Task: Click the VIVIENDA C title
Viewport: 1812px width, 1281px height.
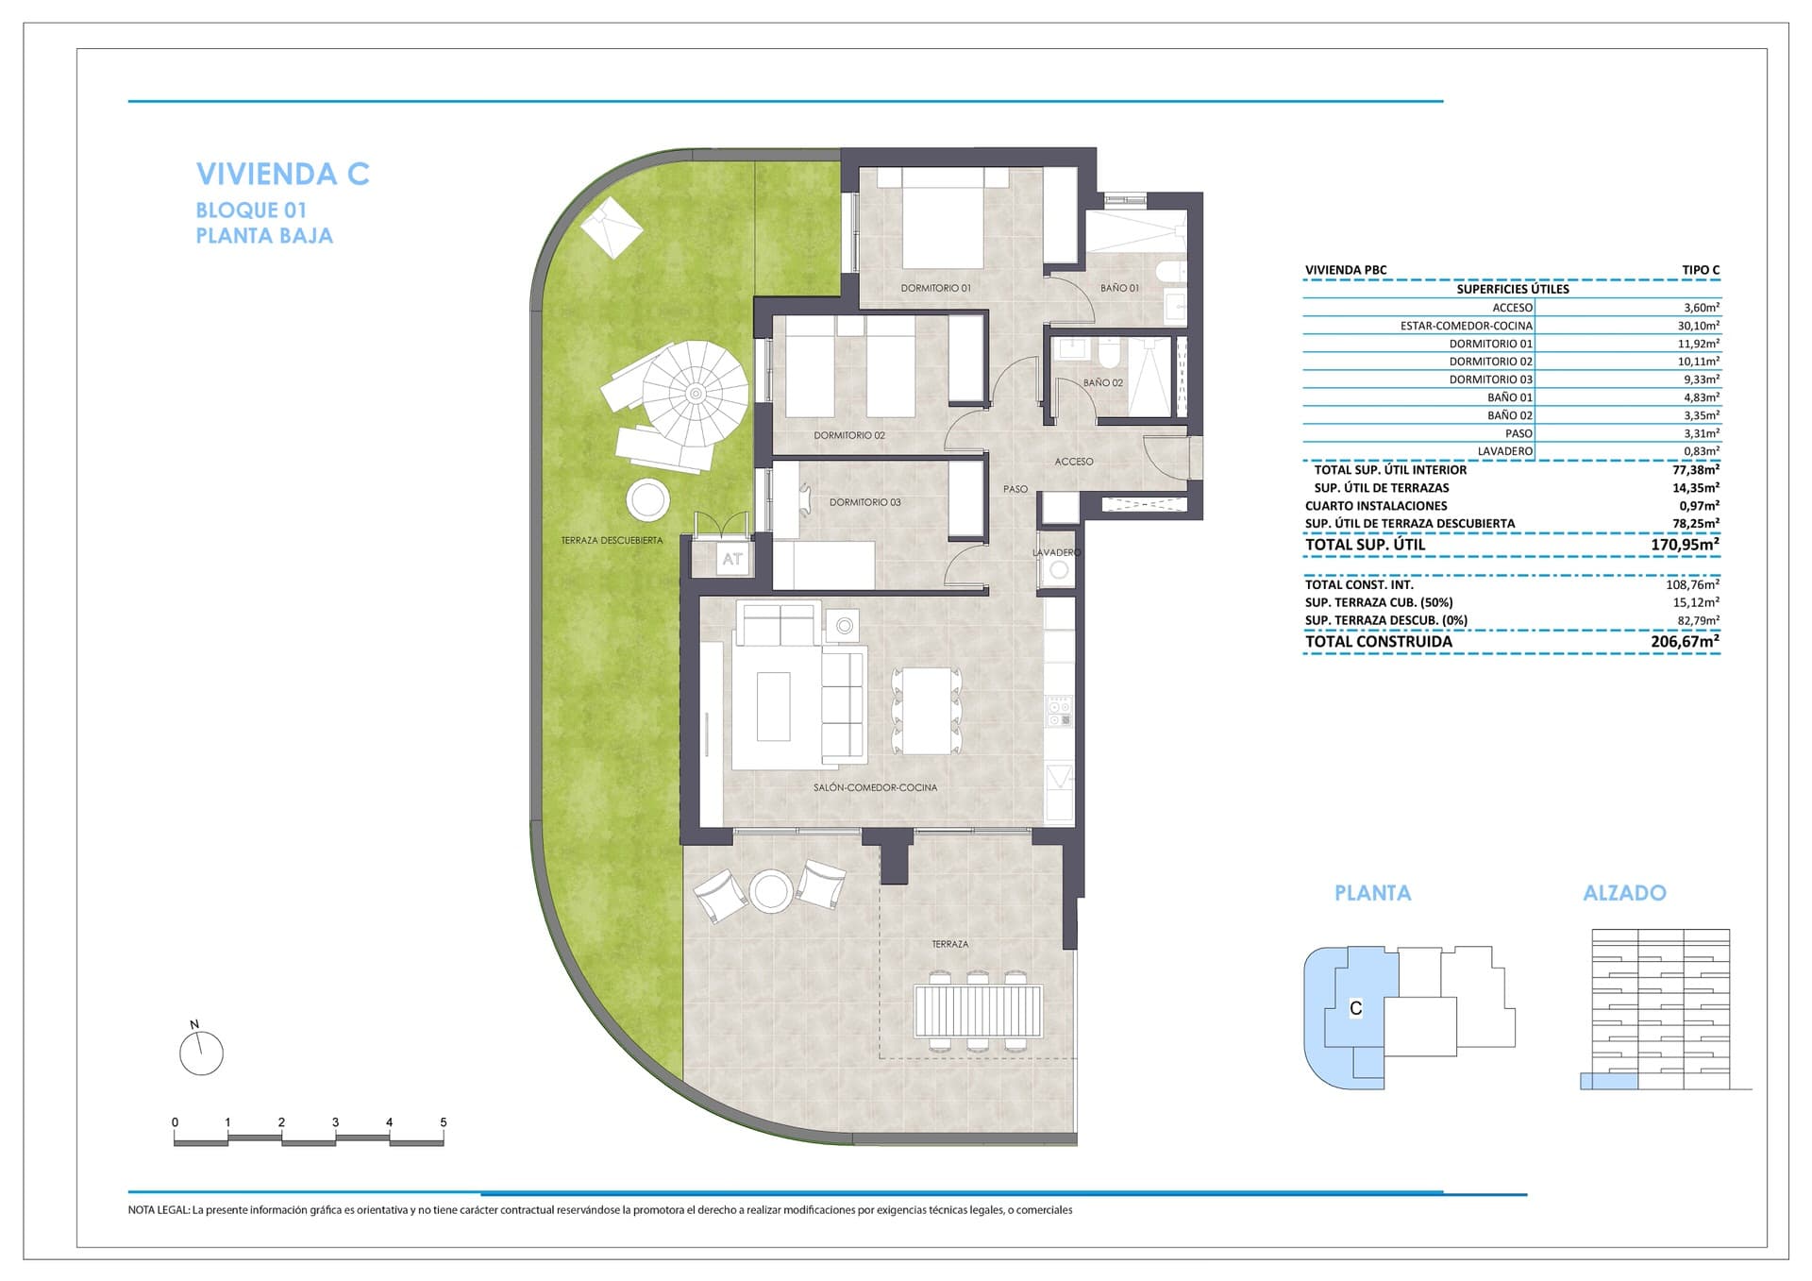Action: [x=282, y=174]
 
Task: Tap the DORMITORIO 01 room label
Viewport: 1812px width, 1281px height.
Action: [x=935, y=288]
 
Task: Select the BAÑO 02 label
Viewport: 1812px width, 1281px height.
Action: [x=1102, y=383]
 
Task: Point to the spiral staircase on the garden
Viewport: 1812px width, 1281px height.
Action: [x=696, y=394]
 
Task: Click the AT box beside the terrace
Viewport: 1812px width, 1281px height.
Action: [x=732, y=559]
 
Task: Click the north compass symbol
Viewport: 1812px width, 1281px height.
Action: [x=201, y=1053]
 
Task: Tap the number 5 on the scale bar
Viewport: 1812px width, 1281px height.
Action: [x=443, y=1122]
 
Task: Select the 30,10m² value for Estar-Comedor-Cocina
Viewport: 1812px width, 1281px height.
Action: [x=1698, y=326]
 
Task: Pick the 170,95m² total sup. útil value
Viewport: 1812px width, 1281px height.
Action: [x=1685, y=545]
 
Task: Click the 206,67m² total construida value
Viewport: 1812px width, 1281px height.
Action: [x=1685, y=642]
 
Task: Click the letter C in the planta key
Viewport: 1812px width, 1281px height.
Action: [x=1355, y=1008]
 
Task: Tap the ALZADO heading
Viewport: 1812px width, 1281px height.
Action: [x=1624, y=893]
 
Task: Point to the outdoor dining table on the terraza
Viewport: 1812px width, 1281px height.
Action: [x=978, y=1011]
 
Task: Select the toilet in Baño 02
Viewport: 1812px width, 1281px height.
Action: [x=1110, y=354]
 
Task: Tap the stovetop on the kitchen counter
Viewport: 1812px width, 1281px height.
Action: [x=1060, y=711]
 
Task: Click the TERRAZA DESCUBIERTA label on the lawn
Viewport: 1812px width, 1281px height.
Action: [x=612, y=541]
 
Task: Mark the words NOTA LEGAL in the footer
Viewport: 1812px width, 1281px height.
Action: [x=159, y=1210]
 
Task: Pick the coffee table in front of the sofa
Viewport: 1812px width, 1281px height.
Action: [x=774, y=705]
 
